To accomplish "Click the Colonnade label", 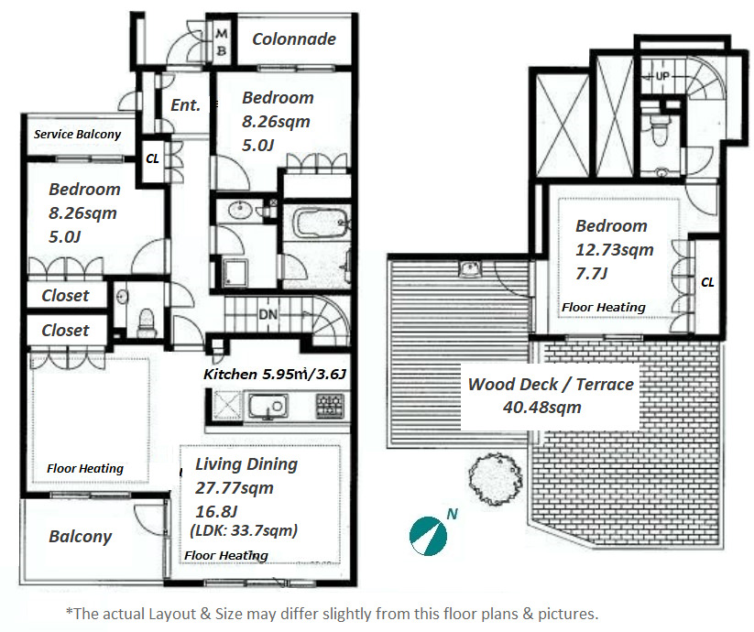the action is [294, 39].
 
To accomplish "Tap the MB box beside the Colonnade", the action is [222, 42].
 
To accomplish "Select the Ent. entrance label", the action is [186, 104].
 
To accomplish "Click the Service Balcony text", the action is [78, 134].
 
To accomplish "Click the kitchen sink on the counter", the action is [268, 407].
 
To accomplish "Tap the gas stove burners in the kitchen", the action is [330, 405].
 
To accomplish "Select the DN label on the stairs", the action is [268, 314].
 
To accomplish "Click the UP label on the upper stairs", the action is [662, 76].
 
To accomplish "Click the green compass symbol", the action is [428, 536].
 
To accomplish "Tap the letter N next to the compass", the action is [452, 514].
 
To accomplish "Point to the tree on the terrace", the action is [496, 479].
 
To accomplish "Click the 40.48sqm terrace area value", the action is [542, 408].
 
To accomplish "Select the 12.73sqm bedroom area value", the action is [615, 249].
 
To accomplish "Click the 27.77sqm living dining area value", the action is [235, 488].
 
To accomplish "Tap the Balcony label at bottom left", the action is [81, 536].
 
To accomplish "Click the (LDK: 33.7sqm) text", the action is [244, 530].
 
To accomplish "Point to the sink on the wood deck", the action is [471, 269].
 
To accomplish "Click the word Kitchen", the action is [230, 374].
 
